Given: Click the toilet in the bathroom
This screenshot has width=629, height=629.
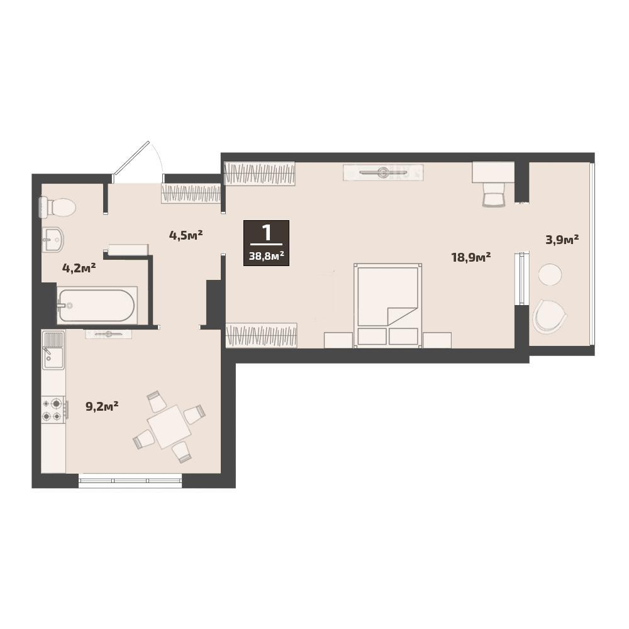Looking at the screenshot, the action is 57,207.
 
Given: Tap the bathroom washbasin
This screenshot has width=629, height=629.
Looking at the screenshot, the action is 53,240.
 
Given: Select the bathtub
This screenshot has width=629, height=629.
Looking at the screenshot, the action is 97,305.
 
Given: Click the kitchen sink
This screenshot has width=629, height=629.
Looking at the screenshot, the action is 53,350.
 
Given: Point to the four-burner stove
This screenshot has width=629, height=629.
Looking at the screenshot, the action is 53,410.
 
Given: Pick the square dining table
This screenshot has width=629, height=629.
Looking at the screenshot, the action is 169,426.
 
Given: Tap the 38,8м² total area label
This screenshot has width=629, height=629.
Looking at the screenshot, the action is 266,255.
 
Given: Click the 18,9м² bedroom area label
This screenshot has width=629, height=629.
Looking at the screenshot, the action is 471,257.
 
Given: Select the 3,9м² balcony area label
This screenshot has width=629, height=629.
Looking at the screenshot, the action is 562,240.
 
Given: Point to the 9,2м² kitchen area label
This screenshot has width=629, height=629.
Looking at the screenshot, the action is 102,407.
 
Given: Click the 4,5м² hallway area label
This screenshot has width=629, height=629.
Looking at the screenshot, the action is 186,235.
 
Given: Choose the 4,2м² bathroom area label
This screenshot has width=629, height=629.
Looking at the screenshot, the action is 79,267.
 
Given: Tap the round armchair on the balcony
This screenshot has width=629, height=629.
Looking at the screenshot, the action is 549,316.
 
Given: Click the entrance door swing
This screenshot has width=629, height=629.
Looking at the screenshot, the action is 136,161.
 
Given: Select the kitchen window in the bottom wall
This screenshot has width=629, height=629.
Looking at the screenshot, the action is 130,480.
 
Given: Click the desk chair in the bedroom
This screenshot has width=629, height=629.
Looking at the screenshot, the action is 493,196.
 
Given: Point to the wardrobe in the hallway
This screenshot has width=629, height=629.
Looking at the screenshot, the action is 191,193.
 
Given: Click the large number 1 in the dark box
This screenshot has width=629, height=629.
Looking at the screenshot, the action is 266,233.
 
